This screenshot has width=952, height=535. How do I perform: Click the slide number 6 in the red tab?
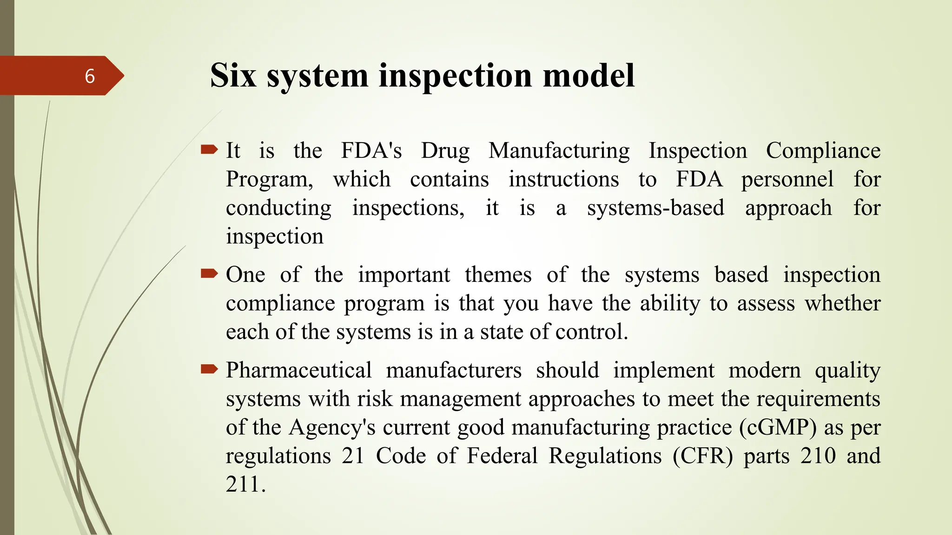(x=90, y=76)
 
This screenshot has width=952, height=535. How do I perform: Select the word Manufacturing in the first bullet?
(x=559, y=151)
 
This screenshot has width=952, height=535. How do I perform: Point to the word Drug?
(x=445, y=151)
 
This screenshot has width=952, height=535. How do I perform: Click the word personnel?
(x=787, y=179)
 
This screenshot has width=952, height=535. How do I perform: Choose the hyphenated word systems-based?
(x=655, y=208)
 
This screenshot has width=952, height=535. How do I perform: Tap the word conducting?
(x=278, y=208)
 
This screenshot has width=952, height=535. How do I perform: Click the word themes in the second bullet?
(x=498, y=274)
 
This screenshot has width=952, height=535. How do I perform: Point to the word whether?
(x=842, y=303)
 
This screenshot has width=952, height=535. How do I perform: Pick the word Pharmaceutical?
(x=298, y=370)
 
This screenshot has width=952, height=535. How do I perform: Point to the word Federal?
(x=502, y=456)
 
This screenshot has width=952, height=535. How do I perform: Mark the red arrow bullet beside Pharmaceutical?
(x=209, y=370)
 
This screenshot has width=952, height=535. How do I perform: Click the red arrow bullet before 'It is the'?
(x=209, y=150)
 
